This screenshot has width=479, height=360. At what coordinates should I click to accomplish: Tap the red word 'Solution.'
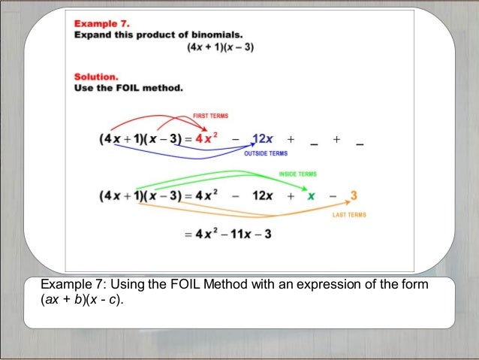pyautogui.click(x=97, y=76)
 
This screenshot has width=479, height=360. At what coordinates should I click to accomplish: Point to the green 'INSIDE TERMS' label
pyautogui.click(x=297, y=174)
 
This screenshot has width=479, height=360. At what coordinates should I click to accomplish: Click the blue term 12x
pyautogui.click(x=264, y=139)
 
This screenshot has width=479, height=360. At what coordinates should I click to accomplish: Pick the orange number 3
pyautogui.click(x=354, y=196)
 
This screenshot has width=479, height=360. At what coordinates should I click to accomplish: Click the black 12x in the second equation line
pyautogui.click(x=264, y=196)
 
